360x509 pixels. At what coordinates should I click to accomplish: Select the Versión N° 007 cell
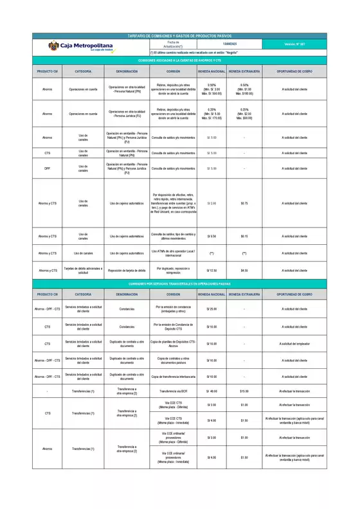click(x=294, y=44)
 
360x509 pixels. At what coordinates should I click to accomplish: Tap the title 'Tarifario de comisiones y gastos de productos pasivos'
click(x=179, y=36)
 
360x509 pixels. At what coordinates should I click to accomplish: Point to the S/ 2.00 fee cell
click(x=212, y=203)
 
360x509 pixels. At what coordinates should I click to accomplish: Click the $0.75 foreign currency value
click(x=244, y=203)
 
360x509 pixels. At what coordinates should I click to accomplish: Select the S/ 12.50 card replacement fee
click(x=212, y=271)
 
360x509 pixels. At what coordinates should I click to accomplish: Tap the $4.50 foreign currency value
click(x=244, y=271)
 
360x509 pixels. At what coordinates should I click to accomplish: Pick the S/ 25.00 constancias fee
click(x=212, y=310)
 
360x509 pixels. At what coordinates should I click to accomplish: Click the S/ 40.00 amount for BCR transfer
click(x=212, y=391)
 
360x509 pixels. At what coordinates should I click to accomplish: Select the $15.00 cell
click(x=244, y=391)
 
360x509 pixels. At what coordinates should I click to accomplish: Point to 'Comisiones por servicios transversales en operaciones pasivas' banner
click(x=179, y=283)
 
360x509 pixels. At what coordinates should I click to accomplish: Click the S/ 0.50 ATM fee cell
click(x=212, y=236)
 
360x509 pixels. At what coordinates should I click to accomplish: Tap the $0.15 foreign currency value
click(x=244, y=236)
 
